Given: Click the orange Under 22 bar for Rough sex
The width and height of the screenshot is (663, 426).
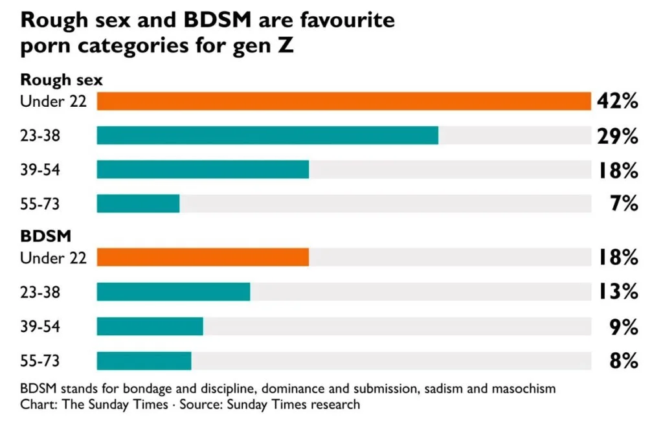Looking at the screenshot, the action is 344,102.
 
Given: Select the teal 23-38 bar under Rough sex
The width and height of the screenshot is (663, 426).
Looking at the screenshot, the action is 267,136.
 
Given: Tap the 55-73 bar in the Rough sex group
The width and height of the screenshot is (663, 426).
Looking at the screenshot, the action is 139,204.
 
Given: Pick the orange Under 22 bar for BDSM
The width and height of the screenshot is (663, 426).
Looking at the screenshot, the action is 203,258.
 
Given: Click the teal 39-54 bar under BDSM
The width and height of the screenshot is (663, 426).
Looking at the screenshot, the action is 150,326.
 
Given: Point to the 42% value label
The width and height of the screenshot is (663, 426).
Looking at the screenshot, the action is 617,102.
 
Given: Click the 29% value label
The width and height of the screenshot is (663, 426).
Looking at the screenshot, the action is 617,136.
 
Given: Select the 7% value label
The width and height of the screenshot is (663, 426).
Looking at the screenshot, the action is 624,204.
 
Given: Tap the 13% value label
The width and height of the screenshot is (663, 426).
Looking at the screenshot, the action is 618,291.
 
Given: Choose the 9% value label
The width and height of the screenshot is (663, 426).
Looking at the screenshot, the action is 624,327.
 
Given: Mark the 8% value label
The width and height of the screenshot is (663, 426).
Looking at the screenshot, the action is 624,361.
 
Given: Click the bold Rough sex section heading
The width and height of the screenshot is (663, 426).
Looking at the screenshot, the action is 62,80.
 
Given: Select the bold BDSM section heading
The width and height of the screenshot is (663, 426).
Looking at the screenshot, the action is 46,236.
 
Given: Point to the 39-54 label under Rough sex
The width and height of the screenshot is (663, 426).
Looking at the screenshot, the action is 40,170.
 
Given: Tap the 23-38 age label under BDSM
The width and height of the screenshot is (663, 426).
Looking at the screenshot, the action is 40,292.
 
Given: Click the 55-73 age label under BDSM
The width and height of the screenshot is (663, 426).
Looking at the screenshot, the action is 40,361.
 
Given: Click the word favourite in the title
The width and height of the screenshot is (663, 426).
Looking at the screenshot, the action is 348,20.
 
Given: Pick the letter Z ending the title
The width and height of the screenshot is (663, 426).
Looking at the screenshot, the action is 286,45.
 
